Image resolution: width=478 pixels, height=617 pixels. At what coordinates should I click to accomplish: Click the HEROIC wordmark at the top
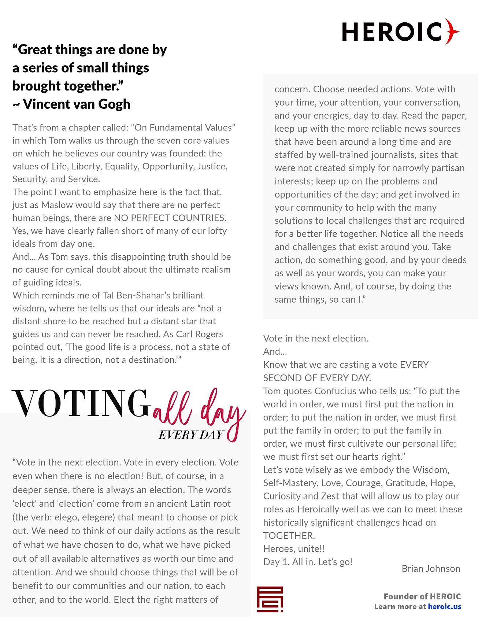pyautogui.click(x=392, y=32)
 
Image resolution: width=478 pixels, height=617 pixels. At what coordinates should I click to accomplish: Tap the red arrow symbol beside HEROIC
pyautogui.click(x=452, y=32)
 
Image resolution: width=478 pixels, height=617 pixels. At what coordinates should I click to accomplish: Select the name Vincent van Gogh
pyautogui.click(x=77, y=104)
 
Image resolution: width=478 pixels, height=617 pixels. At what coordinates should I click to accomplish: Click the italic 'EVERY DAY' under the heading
pyautogui.click(x=191, y=435)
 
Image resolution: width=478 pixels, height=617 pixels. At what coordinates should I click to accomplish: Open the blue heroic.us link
pyautogui.click(x=444, y=606)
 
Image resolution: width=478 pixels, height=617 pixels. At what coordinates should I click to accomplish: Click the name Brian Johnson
pyautogui.click(x=431, y=568)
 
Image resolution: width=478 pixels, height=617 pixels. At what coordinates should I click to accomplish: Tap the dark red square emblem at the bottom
pyautogui.click(x=270, y=599)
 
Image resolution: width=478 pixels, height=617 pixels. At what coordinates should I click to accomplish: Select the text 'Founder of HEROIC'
pyautogui.click(x=422, y=596)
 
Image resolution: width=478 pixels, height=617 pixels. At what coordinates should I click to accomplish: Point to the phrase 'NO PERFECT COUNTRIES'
pyautogui.click(x=170, y=218)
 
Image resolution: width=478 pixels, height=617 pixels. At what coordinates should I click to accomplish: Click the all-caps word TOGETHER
pyautogui.click(x=289, y=536)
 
